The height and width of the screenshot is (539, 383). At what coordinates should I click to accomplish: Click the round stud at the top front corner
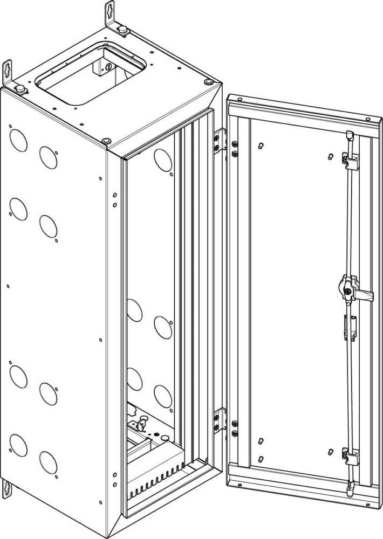pos(106,140)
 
